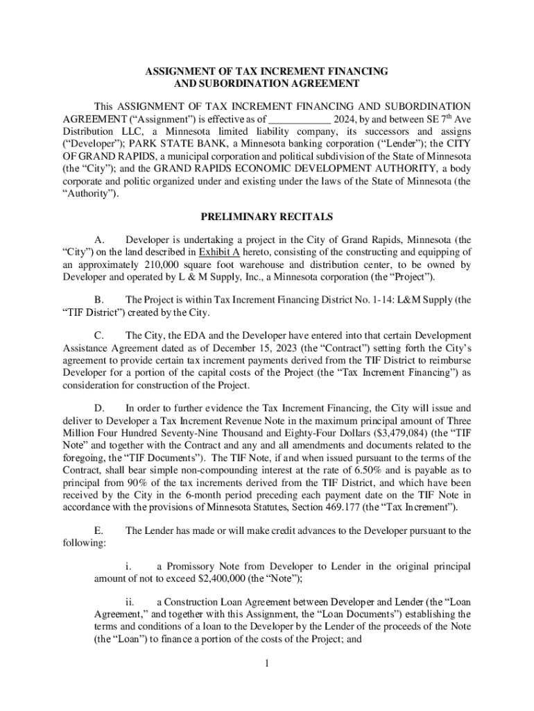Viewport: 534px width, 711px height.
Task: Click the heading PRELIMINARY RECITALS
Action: (x=266, y=216)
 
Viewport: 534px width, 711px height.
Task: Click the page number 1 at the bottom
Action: (x=266, y=663)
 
